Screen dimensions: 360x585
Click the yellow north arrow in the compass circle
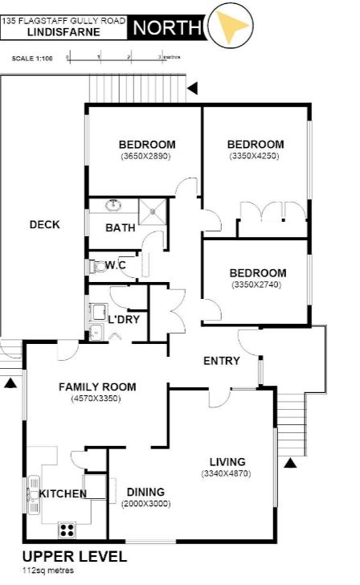[x=231, y=25]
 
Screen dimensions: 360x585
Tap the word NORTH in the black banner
[x=167, y=27]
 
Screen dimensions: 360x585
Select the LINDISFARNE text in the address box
[x=63, y=32]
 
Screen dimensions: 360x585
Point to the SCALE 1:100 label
[x=32, y=59]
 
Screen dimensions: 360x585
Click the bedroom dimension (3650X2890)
[x=145, y=157]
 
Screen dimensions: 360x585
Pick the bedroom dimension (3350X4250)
[x=254, y=156]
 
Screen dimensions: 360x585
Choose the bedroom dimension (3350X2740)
[x=256, y=284]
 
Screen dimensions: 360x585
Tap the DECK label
[x=45, y=225]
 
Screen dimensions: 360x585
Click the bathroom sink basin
[x=113, y=205]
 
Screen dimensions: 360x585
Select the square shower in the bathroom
[x=152, y=211]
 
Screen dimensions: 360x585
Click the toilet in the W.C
[x=98, y=267]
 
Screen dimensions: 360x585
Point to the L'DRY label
[x=124, y=319]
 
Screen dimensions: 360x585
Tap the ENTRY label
[x=222, y=361]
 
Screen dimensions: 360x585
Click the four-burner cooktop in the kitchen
[x=67, y=530]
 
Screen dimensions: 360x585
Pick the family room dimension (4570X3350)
[x=96, y=399]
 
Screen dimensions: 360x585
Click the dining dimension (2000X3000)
[x=146, y=504]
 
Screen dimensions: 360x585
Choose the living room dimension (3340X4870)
[x=226, y=474]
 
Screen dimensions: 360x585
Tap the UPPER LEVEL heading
[x=75, y=557]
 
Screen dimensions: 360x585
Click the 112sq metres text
[x=48, y=571]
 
